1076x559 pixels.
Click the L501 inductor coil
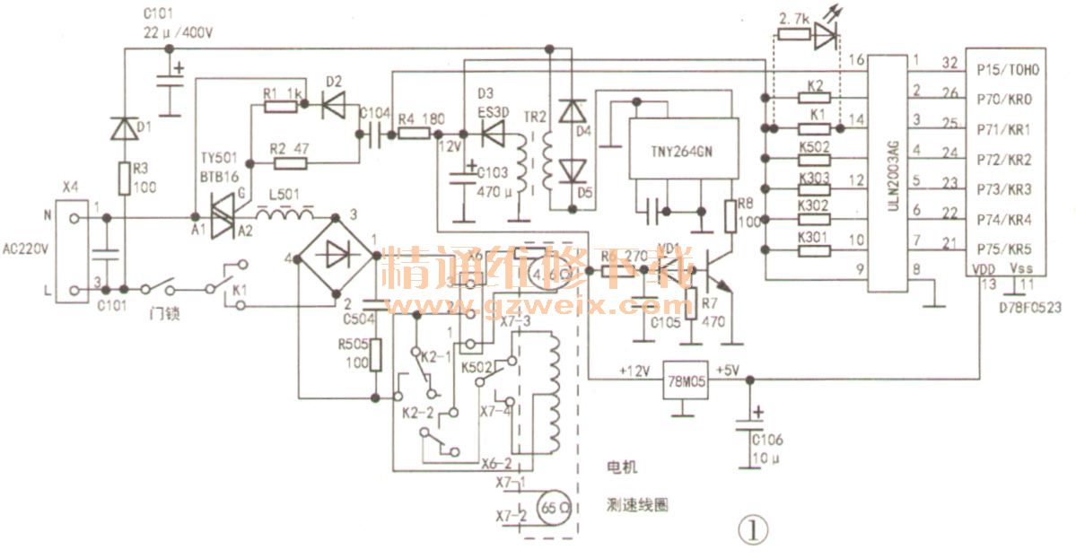tap(285, 215)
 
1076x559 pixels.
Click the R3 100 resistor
tap(123, 178)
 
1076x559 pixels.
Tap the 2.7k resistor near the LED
tap(792, 34)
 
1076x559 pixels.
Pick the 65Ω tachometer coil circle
tap(552, 506)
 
